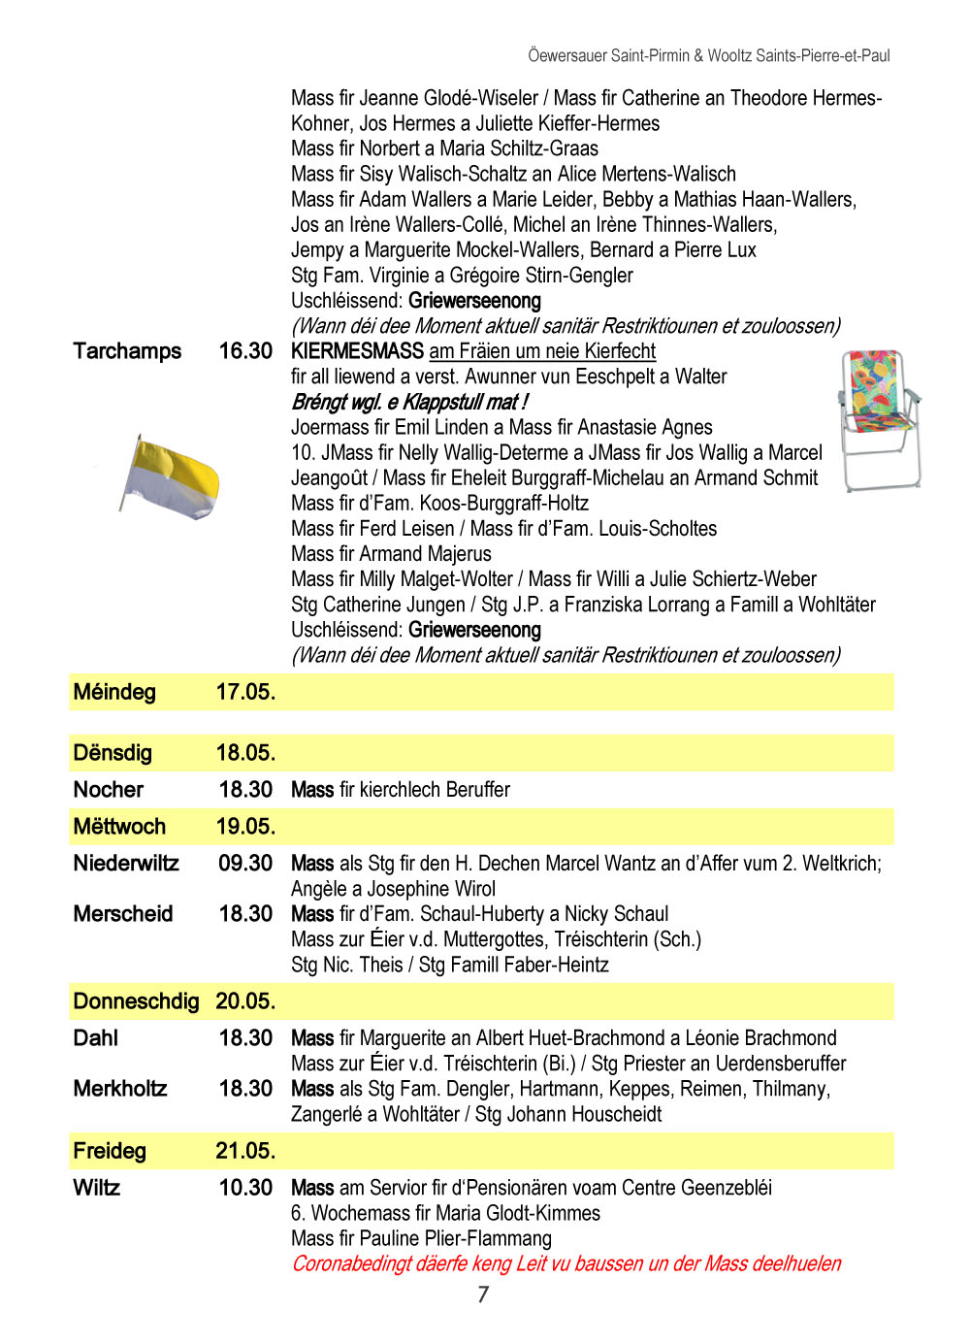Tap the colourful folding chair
[878, 419]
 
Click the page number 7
[483, 1295]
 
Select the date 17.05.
[245, 692]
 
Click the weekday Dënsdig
[113, 753]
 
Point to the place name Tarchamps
[127, 351]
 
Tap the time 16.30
[245, 351]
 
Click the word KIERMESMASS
[357, 351]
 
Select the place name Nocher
[109, 790]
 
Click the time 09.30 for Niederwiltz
[245, 864]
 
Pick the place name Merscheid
[123, 914]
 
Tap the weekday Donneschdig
[136, 1001]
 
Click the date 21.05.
[245, 1151]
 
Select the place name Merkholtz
[120, 1089]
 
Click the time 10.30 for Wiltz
[245, 1188]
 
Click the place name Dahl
[96, 1038]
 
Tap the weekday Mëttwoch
[119, 827]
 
